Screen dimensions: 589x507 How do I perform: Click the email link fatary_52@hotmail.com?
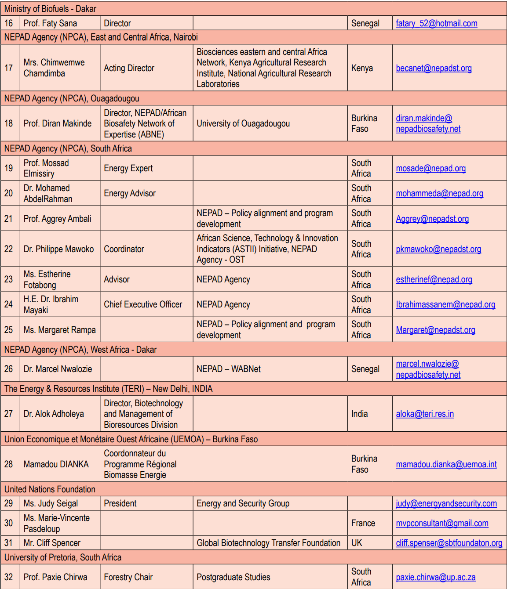(436, 23)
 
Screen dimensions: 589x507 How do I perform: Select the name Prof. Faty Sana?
(50, 23)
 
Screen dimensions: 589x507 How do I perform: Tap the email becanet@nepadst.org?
(434, 68)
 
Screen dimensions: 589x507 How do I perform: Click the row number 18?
(9, 123)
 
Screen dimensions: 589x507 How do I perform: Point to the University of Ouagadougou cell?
(243, 123)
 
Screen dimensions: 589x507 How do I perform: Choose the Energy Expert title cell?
(128, 168)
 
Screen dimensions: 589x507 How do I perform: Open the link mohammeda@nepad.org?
(439, 193)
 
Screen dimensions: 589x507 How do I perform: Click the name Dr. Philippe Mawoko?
(58, 249)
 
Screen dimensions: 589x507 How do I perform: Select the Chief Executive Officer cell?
(143, 304)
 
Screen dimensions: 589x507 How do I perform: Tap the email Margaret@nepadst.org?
(435, 330)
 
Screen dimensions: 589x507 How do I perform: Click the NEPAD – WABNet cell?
(229, 369)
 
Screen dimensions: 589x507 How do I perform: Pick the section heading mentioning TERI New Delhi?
(108, 389)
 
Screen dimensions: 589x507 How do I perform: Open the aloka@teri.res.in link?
(425, 414)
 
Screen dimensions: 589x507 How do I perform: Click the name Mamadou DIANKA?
(56, 464)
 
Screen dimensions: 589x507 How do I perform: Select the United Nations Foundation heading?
(50, 489)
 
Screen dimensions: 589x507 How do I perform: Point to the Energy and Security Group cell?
(243, 503)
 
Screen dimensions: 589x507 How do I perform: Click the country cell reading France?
(363, 523)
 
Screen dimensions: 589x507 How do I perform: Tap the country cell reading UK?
(357, 543)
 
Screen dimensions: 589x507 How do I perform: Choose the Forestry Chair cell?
(128, 577)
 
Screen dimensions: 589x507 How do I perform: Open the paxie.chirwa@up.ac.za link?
(435, 577)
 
